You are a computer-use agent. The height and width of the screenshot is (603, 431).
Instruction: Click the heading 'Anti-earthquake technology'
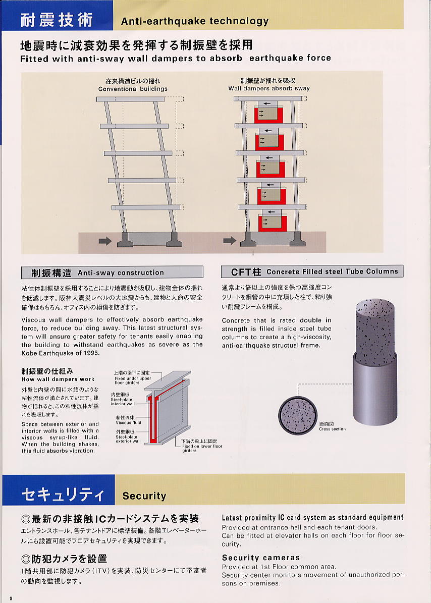coord(194,21)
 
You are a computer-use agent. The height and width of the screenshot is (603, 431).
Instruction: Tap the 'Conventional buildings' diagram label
coord(133,89)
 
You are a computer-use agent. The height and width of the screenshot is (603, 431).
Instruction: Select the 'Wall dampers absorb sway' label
coord(269,88)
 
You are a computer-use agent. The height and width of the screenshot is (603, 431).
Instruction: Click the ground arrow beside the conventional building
coord(105,241)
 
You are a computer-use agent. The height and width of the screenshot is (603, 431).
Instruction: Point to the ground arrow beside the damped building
coord(230,241)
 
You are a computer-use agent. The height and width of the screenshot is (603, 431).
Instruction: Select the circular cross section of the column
coord(297,415)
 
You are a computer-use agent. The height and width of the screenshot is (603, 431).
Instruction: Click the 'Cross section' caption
coord(332,429)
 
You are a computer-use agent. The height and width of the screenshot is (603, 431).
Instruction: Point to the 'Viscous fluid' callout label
coord(128,422)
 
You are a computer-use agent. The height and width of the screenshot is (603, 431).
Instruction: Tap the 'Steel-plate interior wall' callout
coord(123,402)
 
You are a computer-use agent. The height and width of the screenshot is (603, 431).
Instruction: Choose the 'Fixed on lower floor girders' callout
coord(202,449)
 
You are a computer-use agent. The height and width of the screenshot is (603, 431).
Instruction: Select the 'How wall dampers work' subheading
coord(58,379)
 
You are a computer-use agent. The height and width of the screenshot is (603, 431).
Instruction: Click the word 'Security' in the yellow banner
coord(144,496)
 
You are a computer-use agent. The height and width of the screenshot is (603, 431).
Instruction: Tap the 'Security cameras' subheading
coord(261,558)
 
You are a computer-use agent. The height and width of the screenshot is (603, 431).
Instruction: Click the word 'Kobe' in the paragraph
coord(30,353)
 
